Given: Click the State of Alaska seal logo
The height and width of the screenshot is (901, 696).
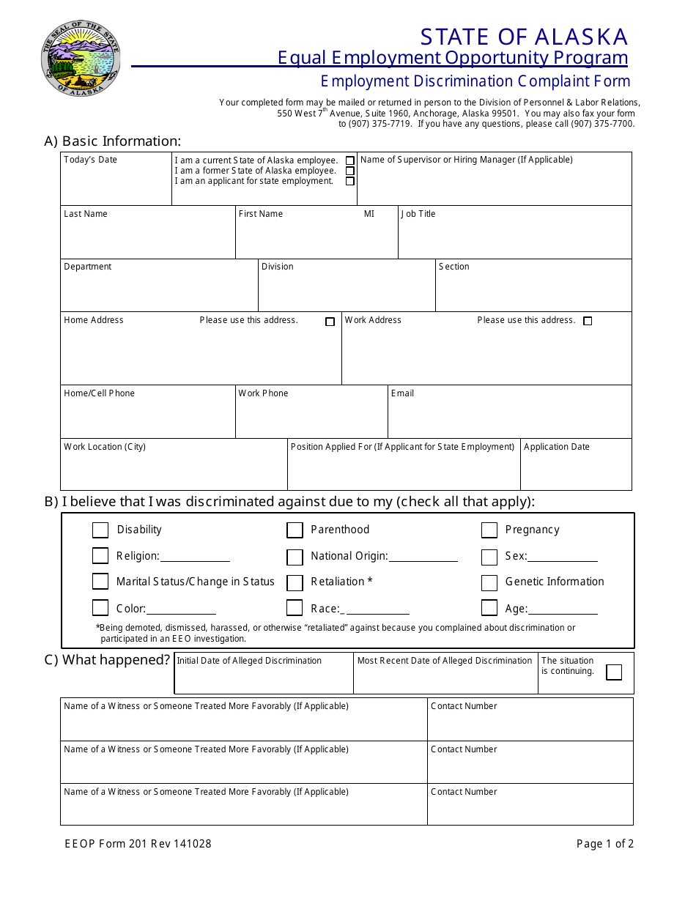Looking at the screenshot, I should point(81,59).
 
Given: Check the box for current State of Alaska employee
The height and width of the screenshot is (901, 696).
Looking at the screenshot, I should point(350,160).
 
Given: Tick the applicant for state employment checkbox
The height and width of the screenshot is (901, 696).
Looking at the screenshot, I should point(350,181).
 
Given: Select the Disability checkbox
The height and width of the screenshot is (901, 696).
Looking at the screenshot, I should point(100,530).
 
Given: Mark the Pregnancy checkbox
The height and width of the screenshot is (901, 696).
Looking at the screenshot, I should point(489,530).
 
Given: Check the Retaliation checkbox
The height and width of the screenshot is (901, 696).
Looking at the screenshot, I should point(295,583).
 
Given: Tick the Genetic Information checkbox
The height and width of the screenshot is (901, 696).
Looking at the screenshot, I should point(489,583).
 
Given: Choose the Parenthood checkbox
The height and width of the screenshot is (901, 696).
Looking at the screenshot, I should point(295,530).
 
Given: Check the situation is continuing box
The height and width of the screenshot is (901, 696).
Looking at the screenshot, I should point(614,672).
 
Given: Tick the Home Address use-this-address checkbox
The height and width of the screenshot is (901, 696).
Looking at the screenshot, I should point(330,322).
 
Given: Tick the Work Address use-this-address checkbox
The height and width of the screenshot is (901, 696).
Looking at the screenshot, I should point(588,321).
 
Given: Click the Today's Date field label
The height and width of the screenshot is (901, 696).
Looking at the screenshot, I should point(90,160).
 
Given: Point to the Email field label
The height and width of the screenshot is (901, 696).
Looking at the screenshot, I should point(402,393).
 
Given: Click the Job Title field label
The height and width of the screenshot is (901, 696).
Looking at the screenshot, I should point(418,214).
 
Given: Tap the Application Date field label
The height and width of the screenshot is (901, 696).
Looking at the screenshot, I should point(556,447).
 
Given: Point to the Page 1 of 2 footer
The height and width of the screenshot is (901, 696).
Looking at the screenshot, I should point(604,844).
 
